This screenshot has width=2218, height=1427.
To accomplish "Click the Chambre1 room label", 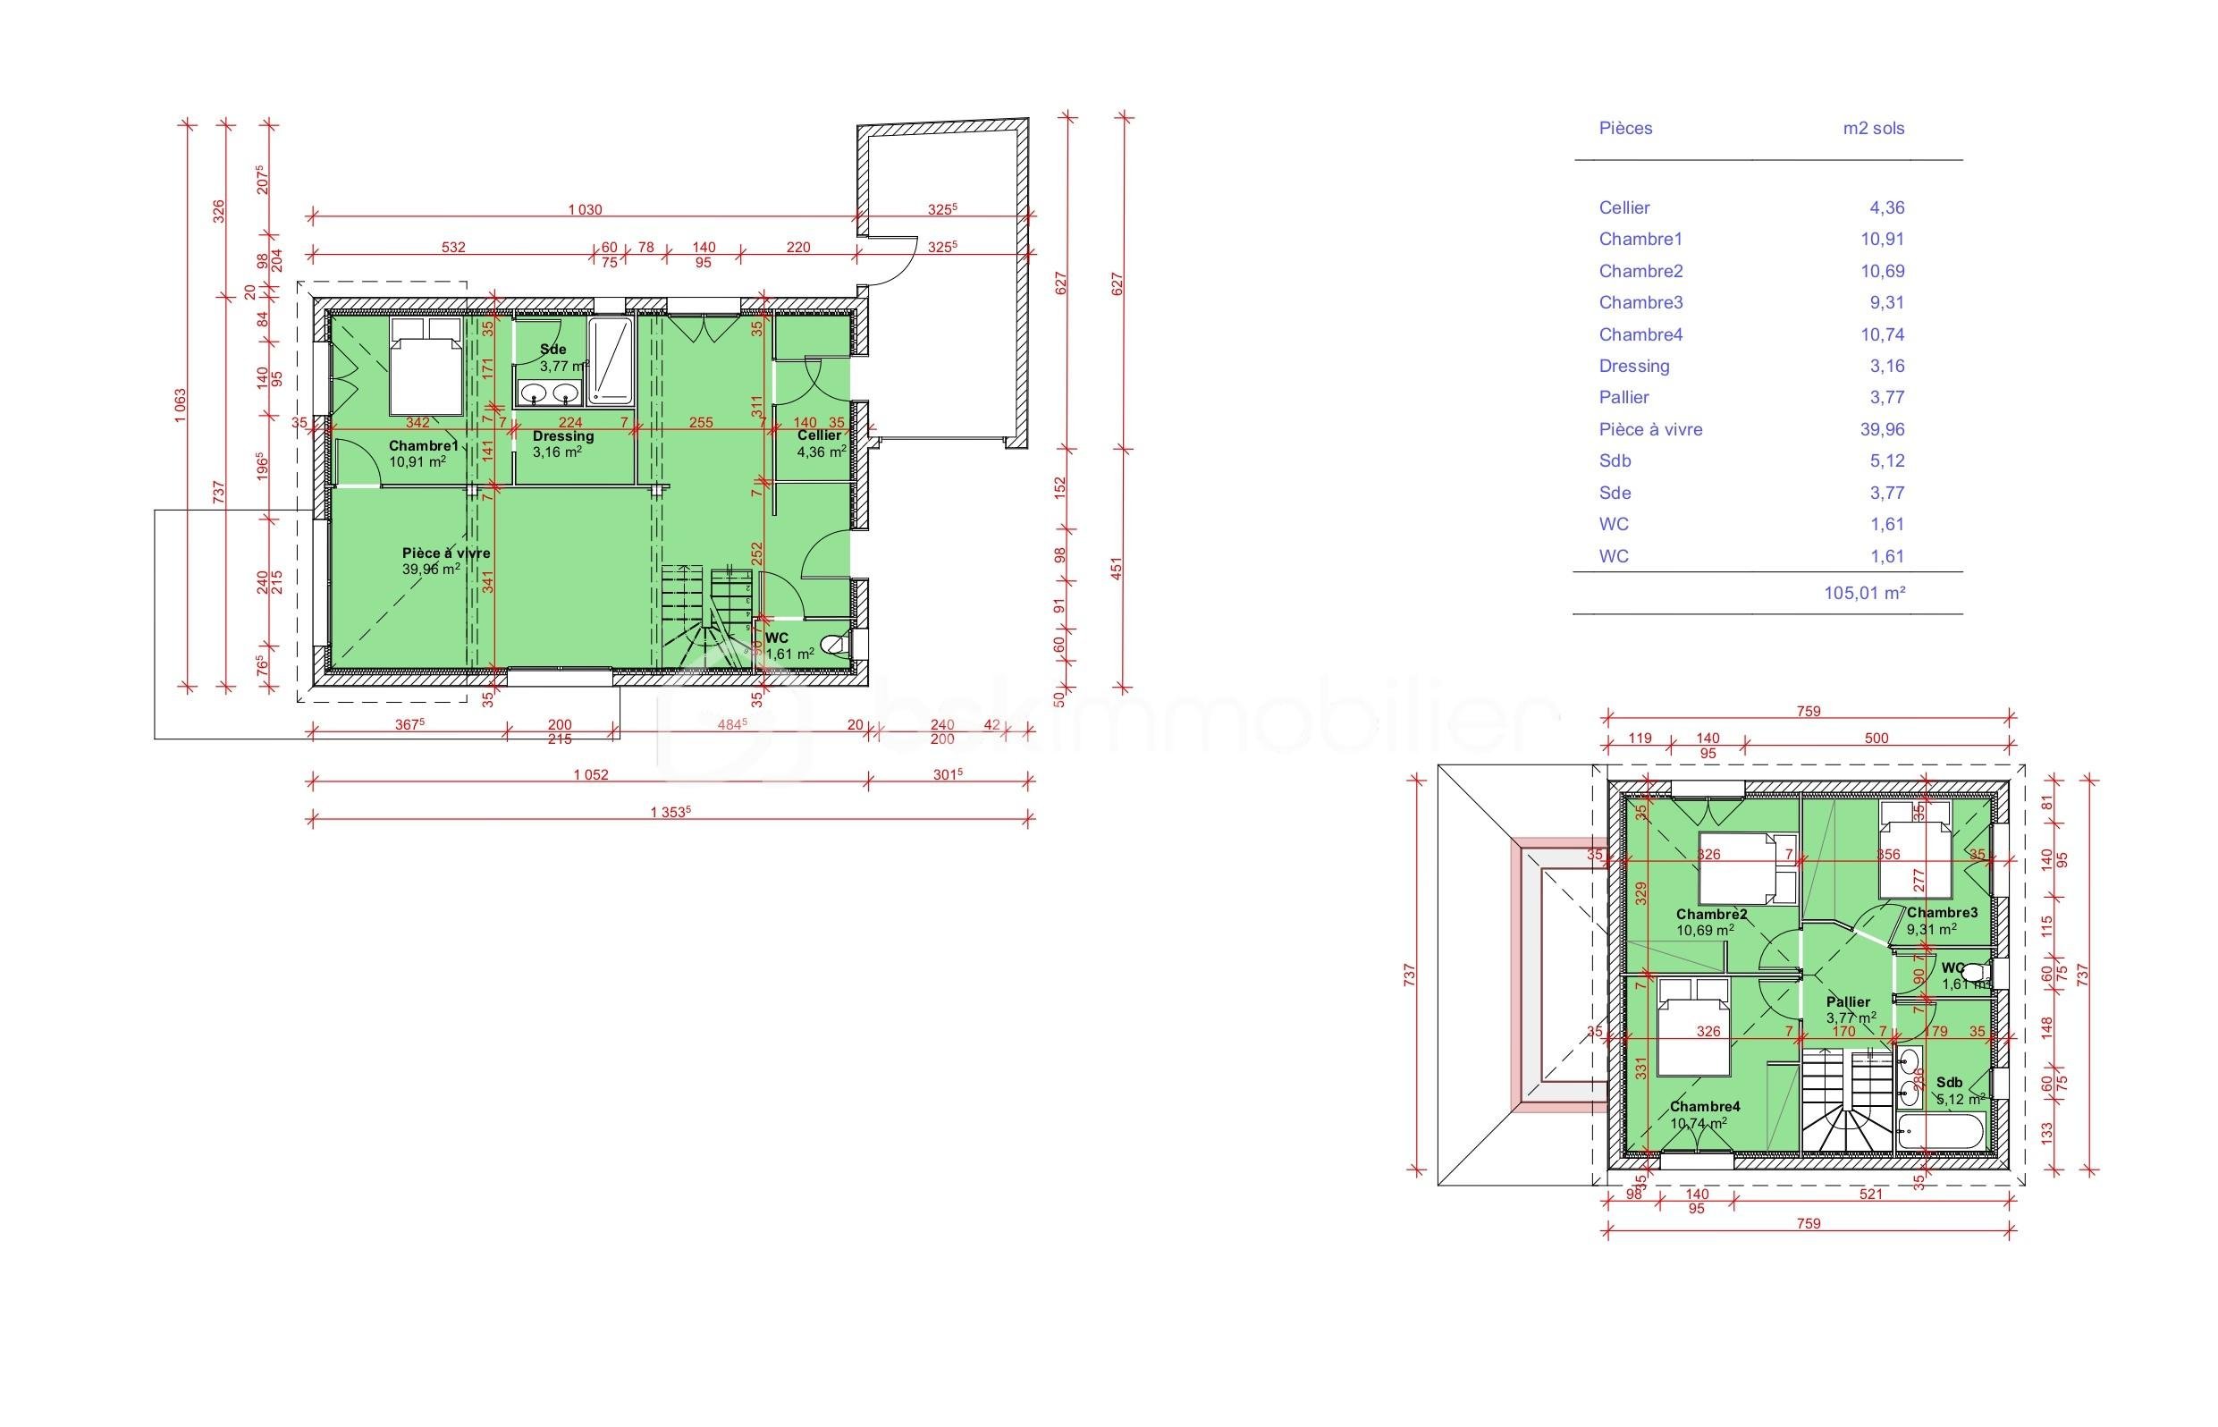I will click(424, 445).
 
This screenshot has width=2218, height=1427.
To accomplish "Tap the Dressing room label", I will click(562, 435).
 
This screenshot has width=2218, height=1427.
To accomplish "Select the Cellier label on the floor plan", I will click(819, 435).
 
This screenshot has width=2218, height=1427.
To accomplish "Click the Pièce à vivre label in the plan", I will click(445, 553).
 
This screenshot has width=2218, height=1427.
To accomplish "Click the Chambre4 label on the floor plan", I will click(1705, 1106).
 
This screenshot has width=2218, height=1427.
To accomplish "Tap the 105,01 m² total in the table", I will click(1863, 593).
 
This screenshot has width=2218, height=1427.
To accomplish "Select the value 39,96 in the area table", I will click(1881, 429).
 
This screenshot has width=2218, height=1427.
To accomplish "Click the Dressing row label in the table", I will click(1633, 366).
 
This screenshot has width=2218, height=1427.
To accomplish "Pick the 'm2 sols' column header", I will click(1872, 128).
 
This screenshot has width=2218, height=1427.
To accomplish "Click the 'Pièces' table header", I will click(1625, 128).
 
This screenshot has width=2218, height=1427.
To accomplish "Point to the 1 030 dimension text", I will click(585, 209).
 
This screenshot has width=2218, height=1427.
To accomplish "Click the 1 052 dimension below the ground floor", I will click(590, 774).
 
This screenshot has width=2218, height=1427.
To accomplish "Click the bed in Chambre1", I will click(425, 367).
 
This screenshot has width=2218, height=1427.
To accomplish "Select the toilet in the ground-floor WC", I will click(835, 644).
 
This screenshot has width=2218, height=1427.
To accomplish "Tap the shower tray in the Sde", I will click(610, 361).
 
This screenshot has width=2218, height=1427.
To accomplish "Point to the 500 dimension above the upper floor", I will click(1876, 739).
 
